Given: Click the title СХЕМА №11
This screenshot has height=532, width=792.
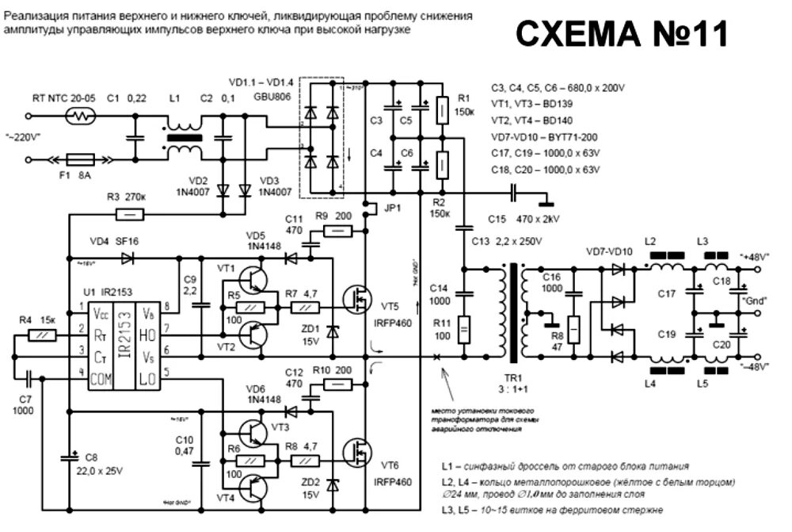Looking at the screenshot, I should [x=622, y=35].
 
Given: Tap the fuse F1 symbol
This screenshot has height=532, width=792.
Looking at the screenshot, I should [x=82, y=159].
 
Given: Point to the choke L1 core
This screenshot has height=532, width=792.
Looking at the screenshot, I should [x=185, y=136].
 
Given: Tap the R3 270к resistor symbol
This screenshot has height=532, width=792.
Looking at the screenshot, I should [x=130, y=213].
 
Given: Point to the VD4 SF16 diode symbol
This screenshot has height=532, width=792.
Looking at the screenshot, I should [x=127, y=258].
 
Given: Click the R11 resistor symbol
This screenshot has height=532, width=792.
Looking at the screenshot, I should [x=463, y=327].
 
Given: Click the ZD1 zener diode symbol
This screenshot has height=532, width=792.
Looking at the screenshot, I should [x=333, y=328].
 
